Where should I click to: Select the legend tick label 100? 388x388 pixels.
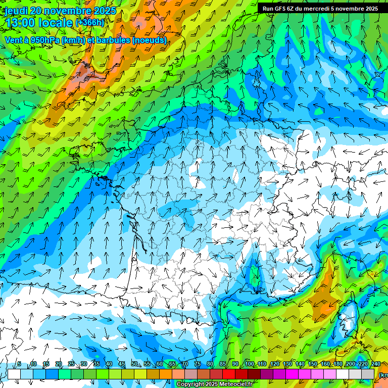click(249, 364)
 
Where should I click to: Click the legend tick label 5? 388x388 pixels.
click(19, 364)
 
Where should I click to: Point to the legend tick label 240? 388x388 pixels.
click(375, 364)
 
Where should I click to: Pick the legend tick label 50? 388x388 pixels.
click(134, 364)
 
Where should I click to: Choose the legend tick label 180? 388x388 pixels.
click(337, 364)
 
